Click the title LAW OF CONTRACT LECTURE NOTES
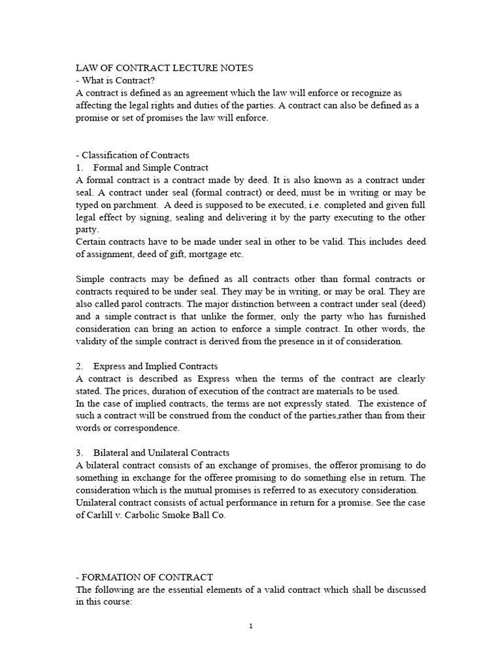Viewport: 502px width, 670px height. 164,68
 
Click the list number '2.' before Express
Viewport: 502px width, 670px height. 80,366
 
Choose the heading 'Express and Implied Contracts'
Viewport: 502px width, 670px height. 156,366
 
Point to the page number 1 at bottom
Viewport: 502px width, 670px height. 251,626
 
